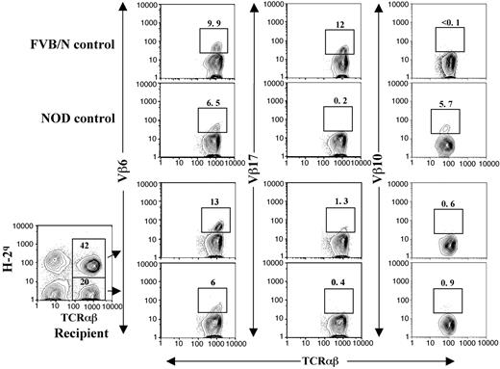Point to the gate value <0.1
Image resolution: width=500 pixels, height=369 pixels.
coord(449,21)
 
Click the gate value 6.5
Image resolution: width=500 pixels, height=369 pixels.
coord(212,100)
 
